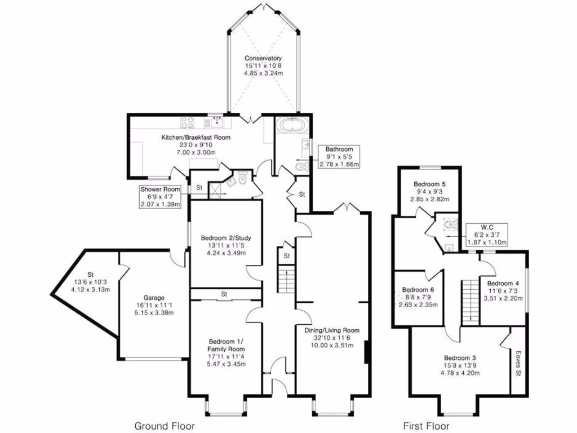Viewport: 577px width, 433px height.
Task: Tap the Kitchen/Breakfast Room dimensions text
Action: click(188, 148)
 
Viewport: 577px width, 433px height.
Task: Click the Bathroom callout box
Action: click(339, 157)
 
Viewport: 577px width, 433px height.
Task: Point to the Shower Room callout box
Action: click(161, 197)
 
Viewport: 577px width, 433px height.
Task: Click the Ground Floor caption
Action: click(159, 426)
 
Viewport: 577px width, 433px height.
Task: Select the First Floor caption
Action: click(426, 426)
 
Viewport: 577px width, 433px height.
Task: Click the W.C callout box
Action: click(487, 235)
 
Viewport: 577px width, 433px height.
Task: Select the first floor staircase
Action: click(469, 302)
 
